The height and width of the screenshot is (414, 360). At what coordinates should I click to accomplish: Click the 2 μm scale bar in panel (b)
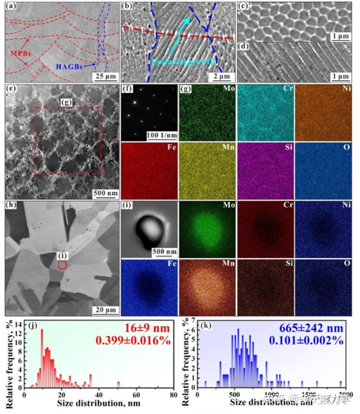(x=220, y=76)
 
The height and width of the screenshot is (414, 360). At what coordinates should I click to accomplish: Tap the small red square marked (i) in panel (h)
(x=62, y=265)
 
